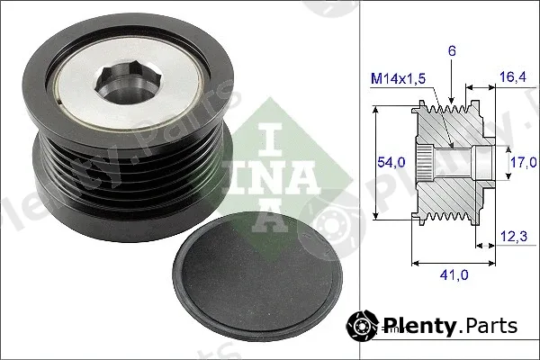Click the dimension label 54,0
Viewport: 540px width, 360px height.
[x=391, y=162]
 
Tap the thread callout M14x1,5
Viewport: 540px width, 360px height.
[x=398, y=79]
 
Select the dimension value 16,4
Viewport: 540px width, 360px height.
[x=513, y=76]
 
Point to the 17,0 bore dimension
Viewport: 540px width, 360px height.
[x=523, y=162]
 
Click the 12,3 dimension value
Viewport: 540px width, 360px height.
[x=514, y=236]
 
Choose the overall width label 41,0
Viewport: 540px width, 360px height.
[x=454, y=274]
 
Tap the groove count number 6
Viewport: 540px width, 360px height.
[x=452, y=51]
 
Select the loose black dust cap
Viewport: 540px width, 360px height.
[x=257, y=277]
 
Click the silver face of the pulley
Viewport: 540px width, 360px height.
[x=128, y=83]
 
